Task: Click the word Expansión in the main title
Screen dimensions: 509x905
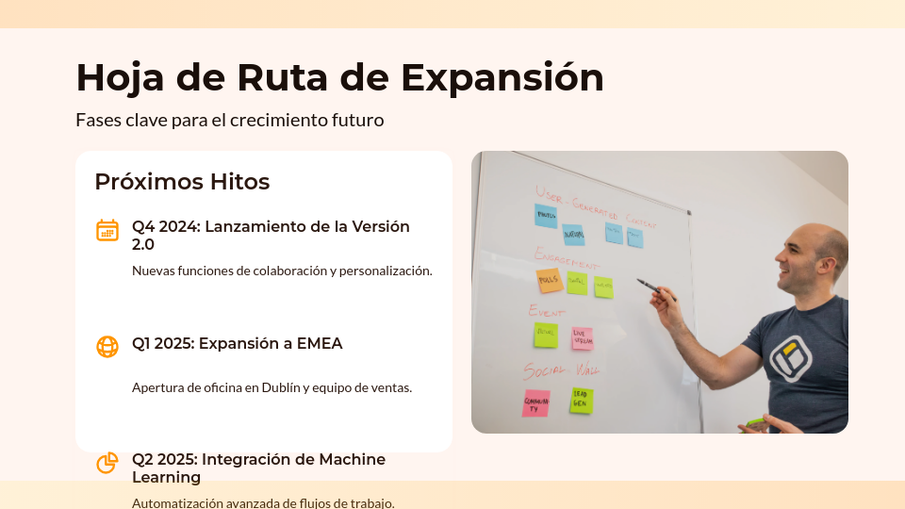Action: tap(503, 77)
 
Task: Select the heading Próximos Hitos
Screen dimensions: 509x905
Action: tap(182, 181)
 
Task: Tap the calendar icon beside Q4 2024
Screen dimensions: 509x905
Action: tap(107, 230)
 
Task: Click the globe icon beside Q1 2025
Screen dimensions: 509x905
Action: tap(107, 346)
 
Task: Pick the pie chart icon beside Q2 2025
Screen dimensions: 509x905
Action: tap(107, 463)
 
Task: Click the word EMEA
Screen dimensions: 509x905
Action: tap(320, 343)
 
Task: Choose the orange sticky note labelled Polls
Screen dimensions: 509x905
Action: tap(549, 280)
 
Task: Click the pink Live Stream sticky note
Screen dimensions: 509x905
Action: tap(582, 337)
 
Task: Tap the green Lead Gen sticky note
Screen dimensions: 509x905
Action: tap(581, 400)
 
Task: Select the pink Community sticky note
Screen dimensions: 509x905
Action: tap(535, 402)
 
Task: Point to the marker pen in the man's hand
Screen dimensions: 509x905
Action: tap(655, 289)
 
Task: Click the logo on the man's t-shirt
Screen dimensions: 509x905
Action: tap(790, 357)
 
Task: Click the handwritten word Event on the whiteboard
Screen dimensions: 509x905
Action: tap(547, 310)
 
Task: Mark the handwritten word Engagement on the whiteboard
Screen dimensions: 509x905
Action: tap(566, 256)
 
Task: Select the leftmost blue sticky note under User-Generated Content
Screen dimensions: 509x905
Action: tap(546, 216)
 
